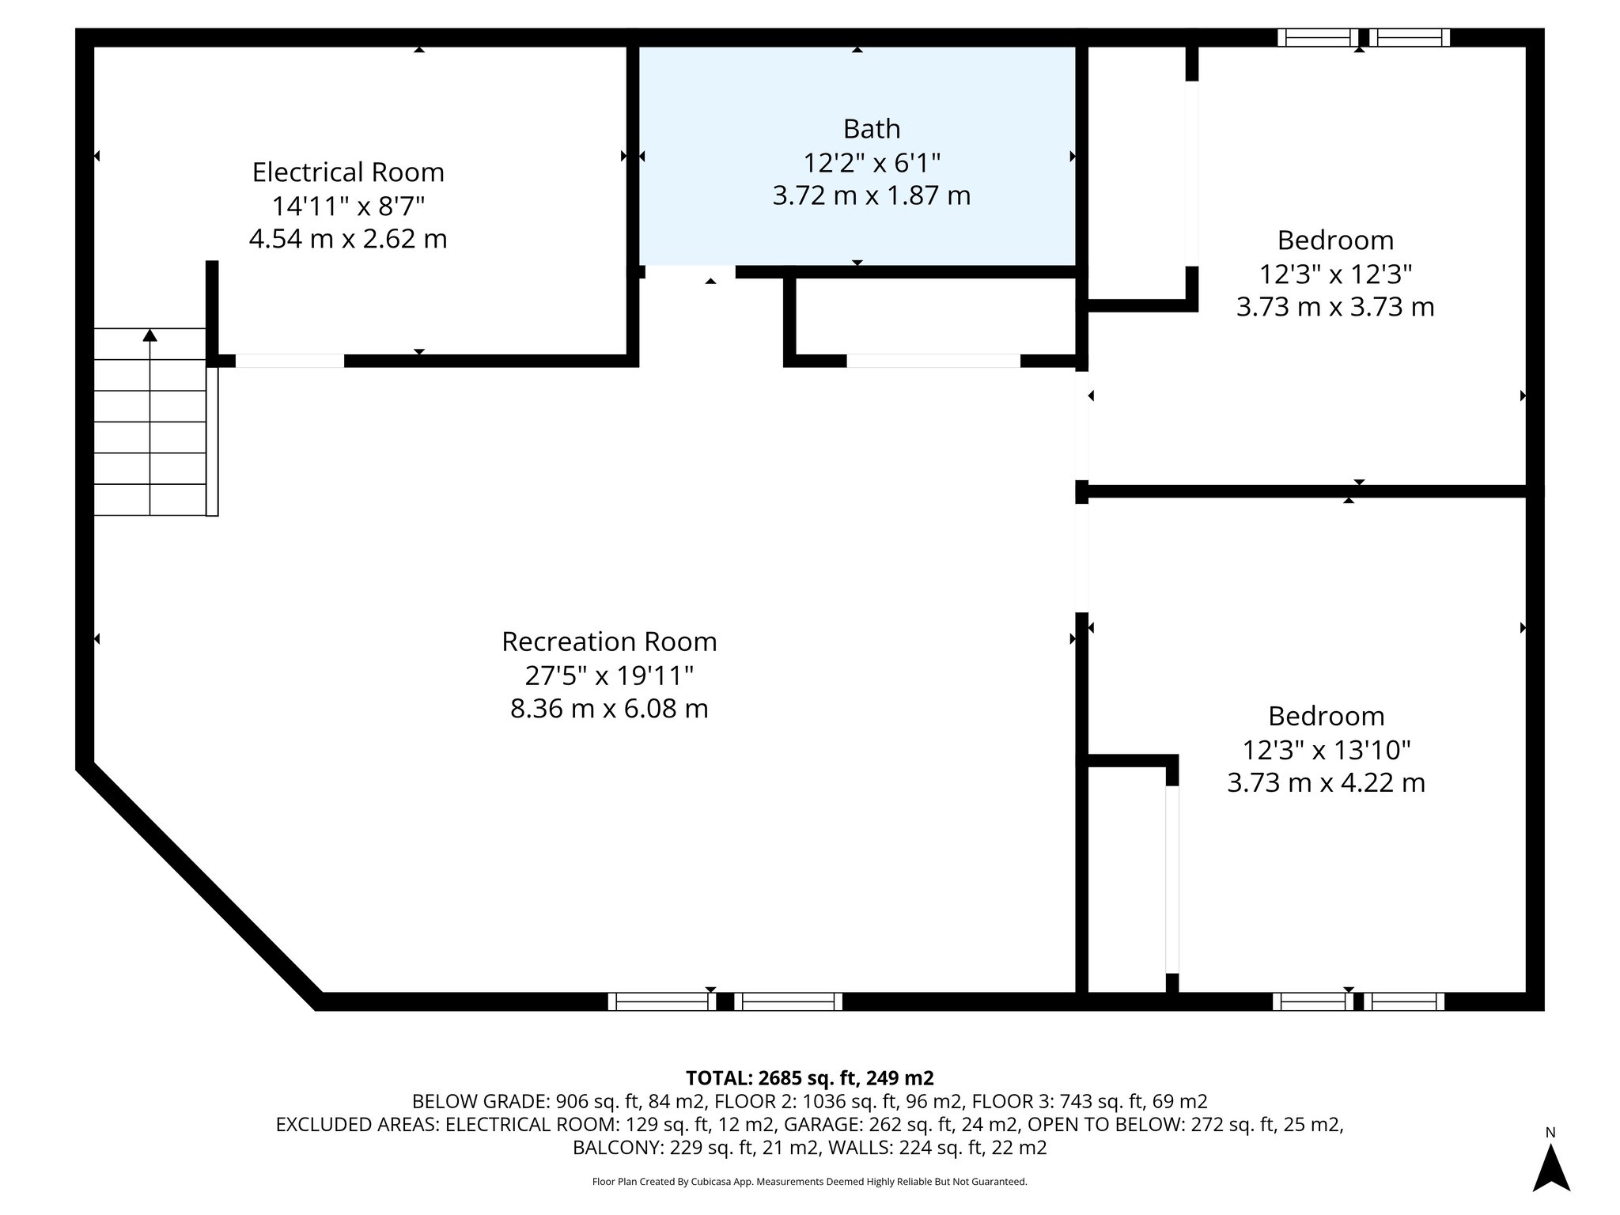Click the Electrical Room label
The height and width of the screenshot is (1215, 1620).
(348, 172)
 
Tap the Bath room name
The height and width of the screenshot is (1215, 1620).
(871, 128)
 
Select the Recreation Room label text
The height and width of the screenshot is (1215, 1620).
(609, 642)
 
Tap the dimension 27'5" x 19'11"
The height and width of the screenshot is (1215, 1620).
(609, 676)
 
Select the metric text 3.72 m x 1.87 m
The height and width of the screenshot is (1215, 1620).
(871, 195)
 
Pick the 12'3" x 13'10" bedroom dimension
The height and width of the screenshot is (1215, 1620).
(1327, 749)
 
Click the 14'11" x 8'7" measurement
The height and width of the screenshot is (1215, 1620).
(348, 206)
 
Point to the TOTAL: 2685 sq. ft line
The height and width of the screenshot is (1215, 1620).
(809, 1078)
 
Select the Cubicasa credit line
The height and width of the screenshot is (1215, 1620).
(809, 1182)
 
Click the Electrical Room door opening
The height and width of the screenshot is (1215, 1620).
(290, 361)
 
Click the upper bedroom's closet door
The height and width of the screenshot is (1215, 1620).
(1191, 173)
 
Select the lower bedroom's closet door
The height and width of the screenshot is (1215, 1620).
(1172, 879)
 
